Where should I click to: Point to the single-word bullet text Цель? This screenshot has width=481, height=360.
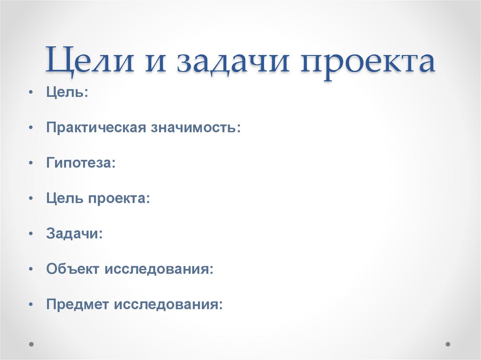(x=67, y=92)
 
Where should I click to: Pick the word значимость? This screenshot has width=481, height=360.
(x=195, y=128)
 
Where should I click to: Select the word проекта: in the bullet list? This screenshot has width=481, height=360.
(x=119, y=199)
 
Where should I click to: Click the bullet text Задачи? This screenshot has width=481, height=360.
(x=75, y=234)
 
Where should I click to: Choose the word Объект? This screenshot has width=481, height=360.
(x=73, y=269)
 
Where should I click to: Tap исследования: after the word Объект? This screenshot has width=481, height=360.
(x=159, y=269)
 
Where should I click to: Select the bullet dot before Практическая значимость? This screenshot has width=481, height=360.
(x=31, y=127)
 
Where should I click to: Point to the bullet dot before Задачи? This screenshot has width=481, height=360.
(x=31, y=233)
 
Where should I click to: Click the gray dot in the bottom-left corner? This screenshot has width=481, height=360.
(x=31, y=344)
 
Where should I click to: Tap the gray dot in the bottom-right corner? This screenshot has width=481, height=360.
(x=449, y=344)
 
